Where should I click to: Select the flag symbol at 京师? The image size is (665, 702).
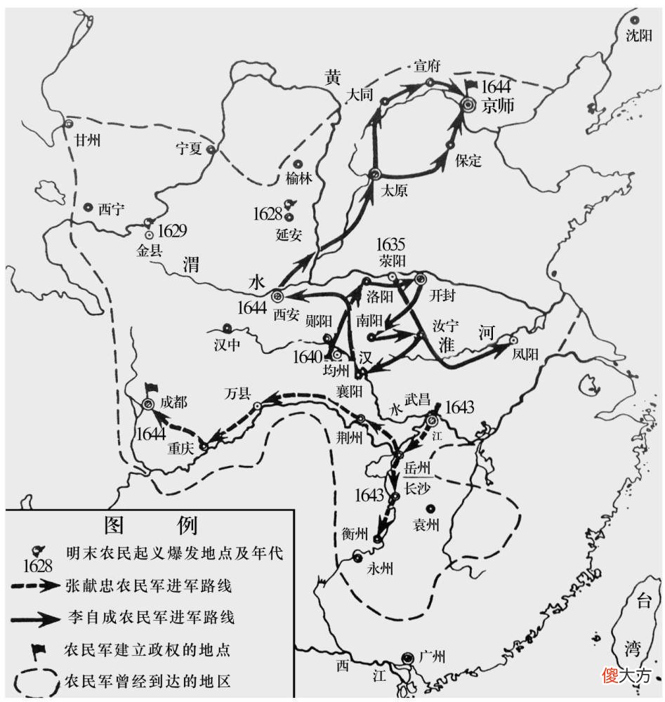[470, 86]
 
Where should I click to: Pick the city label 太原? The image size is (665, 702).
[393, 191]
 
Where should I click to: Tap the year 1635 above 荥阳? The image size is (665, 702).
[390, 245]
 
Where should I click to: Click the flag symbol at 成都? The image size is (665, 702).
[150, 388]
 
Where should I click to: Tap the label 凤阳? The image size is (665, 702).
[525, 355]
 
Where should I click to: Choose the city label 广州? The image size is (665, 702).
[432, 658]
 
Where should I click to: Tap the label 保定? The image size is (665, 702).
[468, 161]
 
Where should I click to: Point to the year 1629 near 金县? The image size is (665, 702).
[172, 230]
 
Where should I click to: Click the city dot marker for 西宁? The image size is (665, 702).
[88, 208]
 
